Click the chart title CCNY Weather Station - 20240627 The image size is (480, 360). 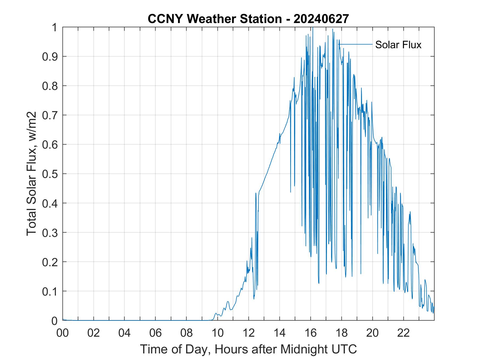coord(248,19)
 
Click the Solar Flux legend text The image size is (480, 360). coord(398,45)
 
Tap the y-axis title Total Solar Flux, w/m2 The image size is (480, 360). coord(32,174)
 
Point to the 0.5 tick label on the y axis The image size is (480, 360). coord(50,174)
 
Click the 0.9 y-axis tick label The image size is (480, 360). coord(50,56)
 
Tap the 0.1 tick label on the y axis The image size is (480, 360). coord(50,291)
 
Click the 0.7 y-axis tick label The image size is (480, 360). coord(50,115)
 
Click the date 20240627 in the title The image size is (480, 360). coord(321,19)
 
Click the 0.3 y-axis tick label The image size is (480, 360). coord(50,233)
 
